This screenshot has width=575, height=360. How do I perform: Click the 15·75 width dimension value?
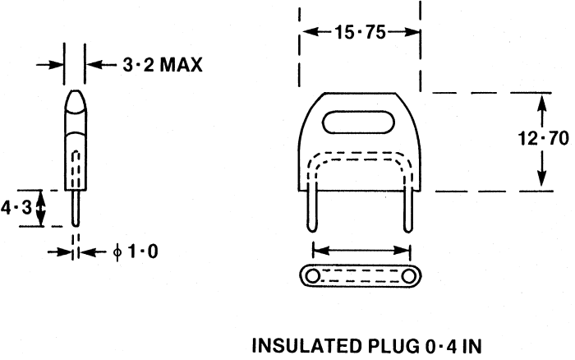(360, 32)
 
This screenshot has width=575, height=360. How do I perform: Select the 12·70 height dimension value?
(544, 139)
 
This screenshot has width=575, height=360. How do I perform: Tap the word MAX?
(182, 65)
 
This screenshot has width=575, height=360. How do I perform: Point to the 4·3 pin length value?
(16, 208)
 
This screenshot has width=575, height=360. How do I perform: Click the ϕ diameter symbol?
(117, 252)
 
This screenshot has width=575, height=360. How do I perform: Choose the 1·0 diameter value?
(143, 252)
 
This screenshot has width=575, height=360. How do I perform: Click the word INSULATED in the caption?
(306, 346)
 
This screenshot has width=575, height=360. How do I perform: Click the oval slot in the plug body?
(358, 122)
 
